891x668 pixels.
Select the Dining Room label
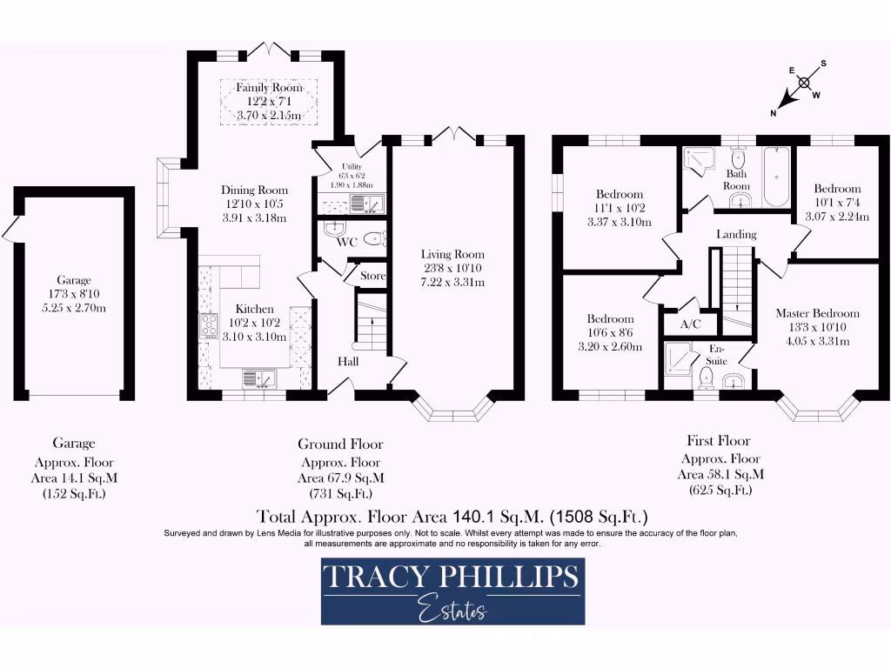[x=254, y=190]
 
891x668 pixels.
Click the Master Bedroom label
[x=817, y=313]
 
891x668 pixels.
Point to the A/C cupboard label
[x=690, y=324]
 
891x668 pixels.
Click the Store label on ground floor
[x=372, y=277]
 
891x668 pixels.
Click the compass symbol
[x=804, y=83]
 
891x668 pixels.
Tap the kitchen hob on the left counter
[x=210, y=325]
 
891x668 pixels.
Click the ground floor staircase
[x=369, y=321]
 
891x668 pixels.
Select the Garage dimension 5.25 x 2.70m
[x=75, y=308]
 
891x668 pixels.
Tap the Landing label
[x=736, y=234]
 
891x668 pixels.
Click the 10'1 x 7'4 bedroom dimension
[x=837, y=203]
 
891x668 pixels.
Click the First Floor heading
[x=719, y=441]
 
